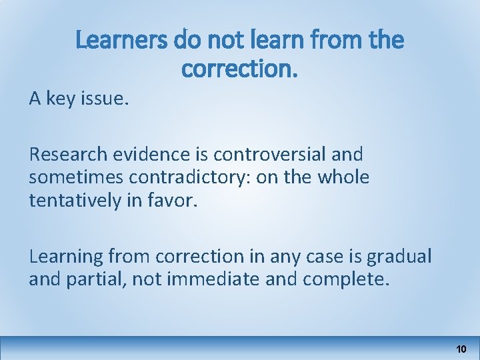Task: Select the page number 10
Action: click(x=461, y=349)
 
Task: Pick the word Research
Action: click(x=67, y=155)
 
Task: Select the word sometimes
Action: click(x=73, y=178)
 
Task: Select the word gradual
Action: click(x=398, y=257)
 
